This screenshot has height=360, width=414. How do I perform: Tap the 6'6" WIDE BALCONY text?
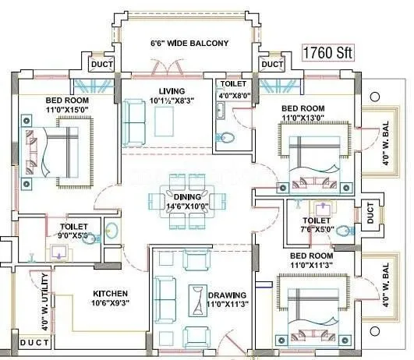[x=189, y=44]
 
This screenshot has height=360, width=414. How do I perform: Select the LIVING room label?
[x=172, y=91]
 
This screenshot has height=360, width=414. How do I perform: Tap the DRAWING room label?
[x=228, y=295]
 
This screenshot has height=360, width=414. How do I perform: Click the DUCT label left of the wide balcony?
[x=101, y=64]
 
